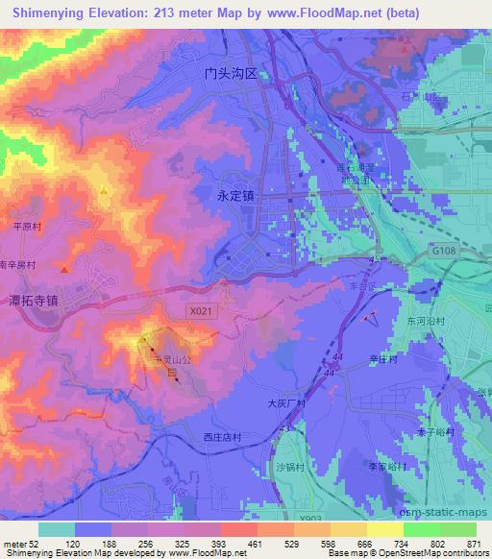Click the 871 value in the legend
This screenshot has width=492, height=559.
(x=473, y=543)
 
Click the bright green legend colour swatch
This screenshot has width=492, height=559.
(x=421, y=528)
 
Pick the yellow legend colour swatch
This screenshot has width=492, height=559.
(x=385, y=528)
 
